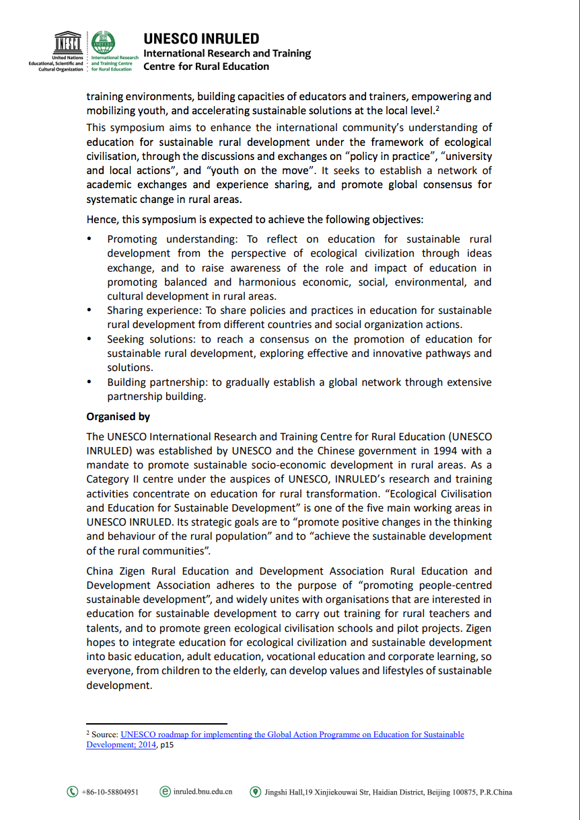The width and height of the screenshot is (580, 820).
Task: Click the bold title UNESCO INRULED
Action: click(201, 38)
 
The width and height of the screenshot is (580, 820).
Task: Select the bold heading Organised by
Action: click(118, 417)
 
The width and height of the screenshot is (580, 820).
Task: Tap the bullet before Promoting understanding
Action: click(89, 239)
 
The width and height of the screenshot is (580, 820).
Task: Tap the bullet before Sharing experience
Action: click(89, 311)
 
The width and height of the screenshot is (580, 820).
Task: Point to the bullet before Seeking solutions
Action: click(89, 339)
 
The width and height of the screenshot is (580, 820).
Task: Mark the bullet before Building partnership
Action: click(89, 382)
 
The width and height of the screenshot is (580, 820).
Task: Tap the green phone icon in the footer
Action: click(72, 792)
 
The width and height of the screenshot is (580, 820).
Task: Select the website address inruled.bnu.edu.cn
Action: click(203, 792)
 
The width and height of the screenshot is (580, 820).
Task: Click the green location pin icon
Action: click(255, 792)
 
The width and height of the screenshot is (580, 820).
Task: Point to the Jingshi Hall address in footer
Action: click(388, 792)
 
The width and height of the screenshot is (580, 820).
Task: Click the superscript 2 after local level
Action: click(437, 108)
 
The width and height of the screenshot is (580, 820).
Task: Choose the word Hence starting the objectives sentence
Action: click(100, 219)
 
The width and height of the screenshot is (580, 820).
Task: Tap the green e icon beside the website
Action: click(165, 792)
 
